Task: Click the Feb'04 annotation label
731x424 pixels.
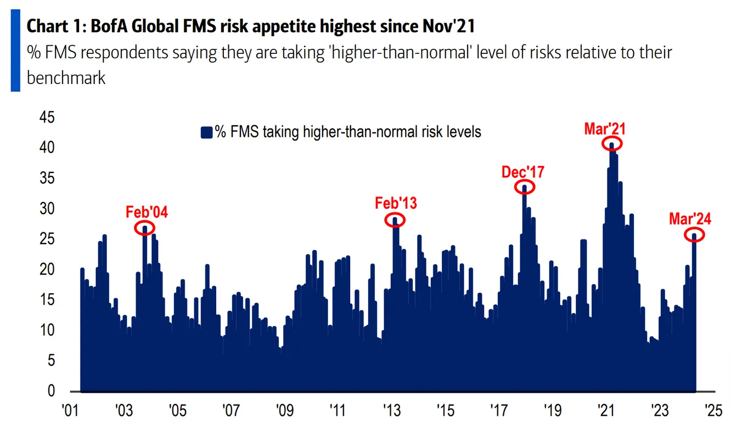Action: pos(147,213)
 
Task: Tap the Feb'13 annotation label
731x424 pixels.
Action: pos(396,203)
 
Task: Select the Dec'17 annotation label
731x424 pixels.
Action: pos(522,172)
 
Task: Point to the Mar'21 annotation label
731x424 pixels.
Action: pos(605,130)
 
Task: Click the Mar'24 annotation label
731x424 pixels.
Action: pos(690,219)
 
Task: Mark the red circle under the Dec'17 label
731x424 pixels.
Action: pos(525,187)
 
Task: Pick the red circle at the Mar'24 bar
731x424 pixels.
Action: pos(694,235)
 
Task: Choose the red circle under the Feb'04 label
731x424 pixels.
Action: pos(145,227)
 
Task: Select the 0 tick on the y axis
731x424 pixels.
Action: pos(50,391)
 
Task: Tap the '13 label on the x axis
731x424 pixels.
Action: pos(391,411)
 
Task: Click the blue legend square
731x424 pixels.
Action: pos(206,132)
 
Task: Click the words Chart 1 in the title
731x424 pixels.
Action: pos(52,26)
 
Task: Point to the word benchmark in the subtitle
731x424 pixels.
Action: pos(66,77)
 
